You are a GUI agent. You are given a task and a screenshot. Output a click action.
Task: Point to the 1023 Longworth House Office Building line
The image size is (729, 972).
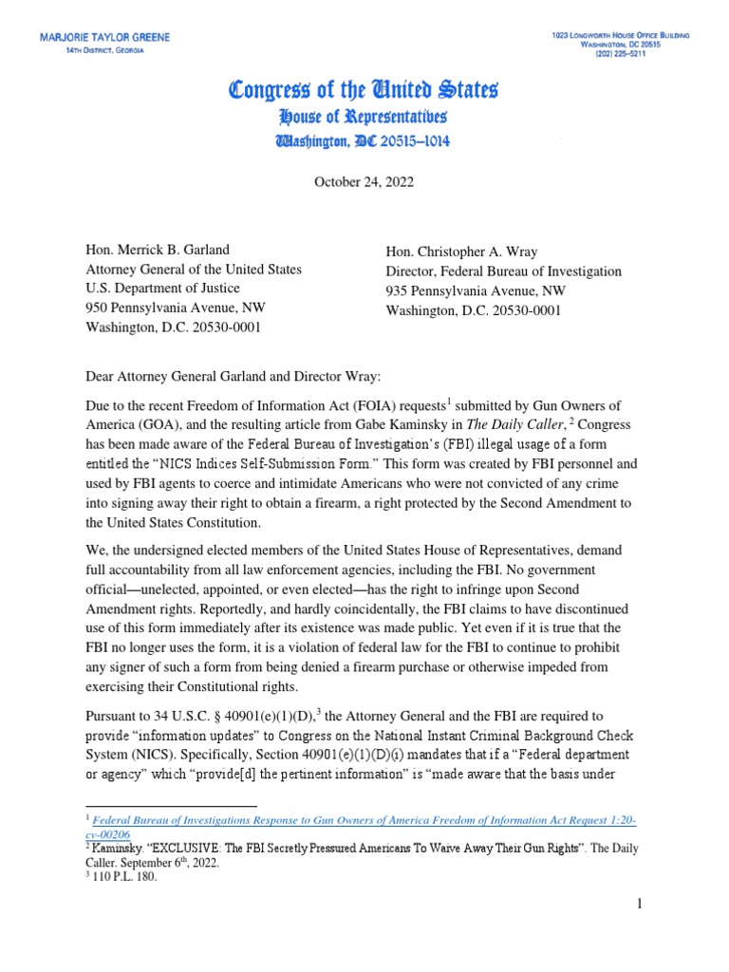621,34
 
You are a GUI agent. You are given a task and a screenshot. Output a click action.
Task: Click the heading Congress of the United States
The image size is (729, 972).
364,92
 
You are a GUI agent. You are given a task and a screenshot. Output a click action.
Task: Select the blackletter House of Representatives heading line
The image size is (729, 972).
364,118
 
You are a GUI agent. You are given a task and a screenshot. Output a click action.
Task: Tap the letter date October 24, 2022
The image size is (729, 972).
364,181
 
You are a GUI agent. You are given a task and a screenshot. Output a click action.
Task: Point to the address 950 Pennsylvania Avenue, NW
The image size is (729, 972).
176,308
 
